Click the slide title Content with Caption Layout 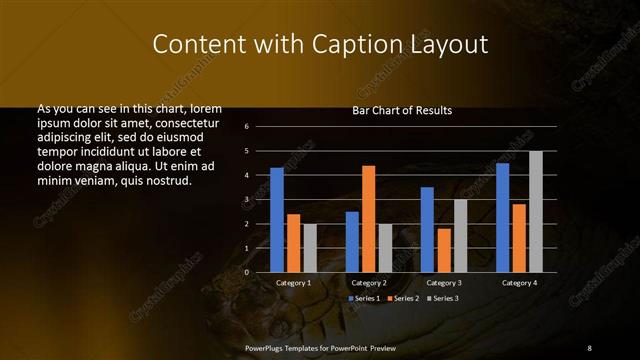320,45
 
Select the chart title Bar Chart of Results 402,110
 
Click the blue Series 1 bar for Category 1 277,219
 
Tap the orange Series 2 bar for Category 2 368,218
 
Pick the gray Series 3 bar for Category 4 536,211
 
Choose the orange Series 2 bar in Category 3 444,249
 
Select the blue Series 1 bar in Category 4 502,217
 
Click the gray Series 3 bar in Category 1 310,247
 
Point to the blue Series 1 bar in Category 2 352,241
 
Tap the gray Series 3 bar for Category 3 460,235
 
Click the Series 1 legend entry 364,298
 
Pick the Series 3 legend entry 444,298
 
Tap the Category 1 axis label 294,283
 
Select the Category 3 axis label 444,283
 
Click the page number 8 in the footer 589,347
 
